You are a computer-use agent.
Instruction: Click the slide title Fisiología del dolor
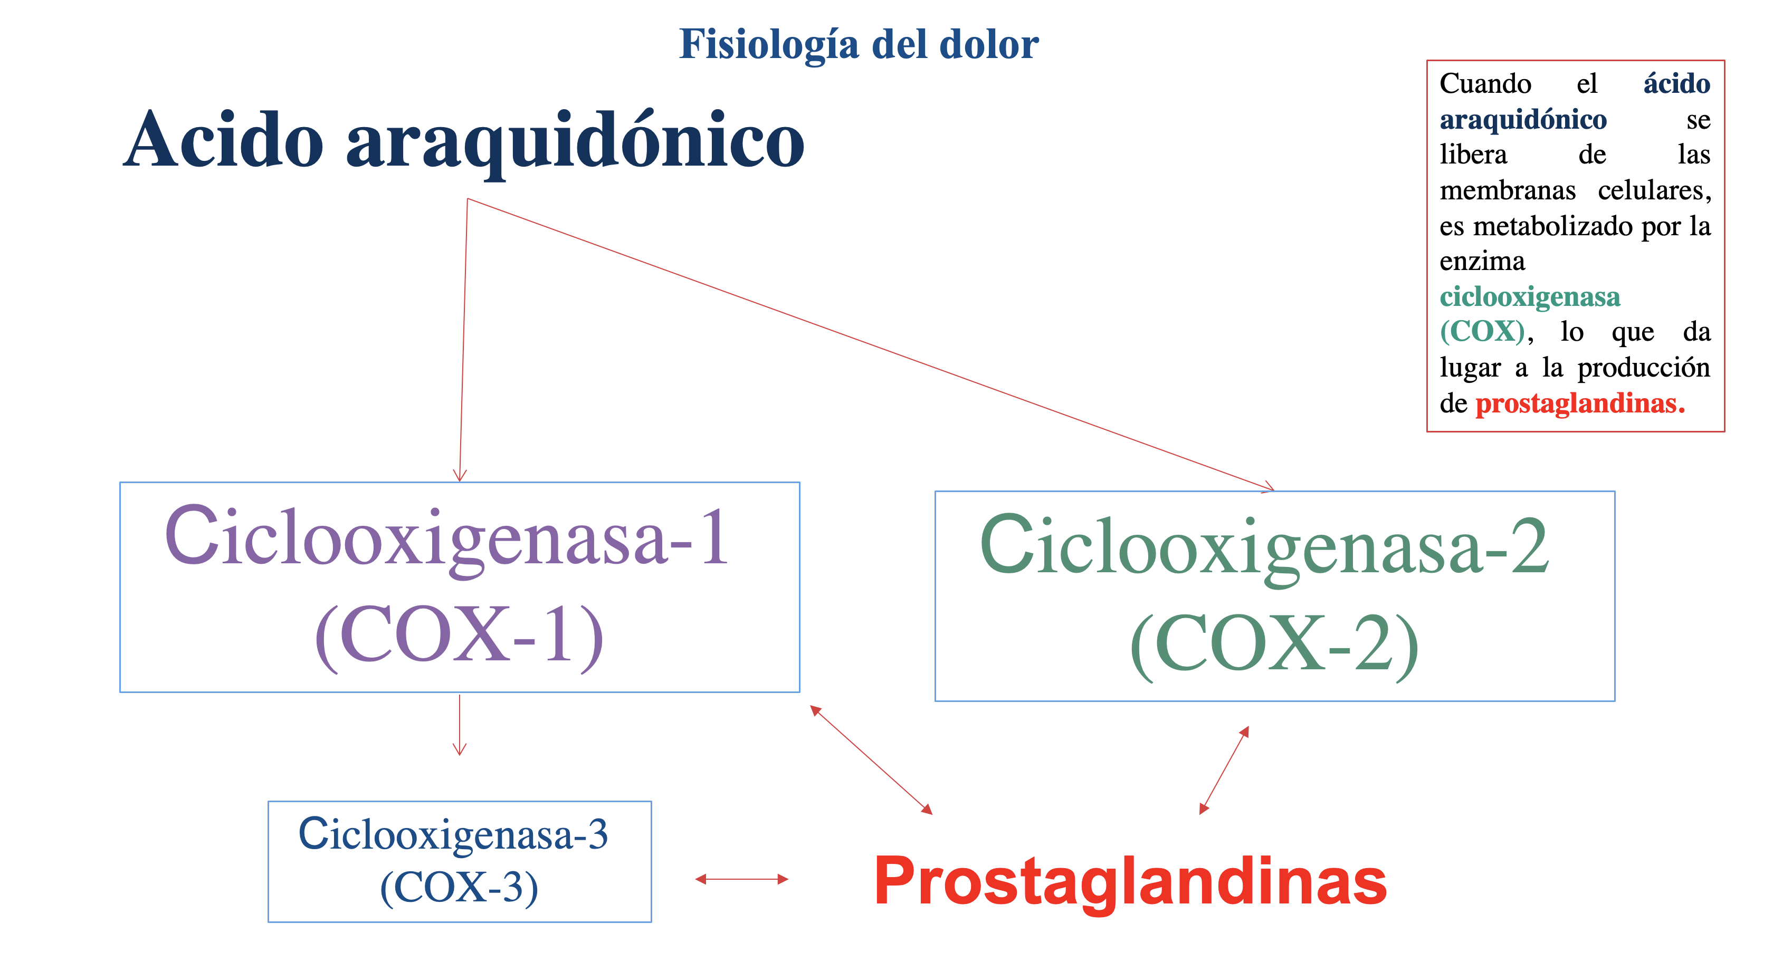[x=859, y=45]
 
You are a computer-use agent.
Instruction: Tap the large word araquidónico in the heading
[x=575, y=141]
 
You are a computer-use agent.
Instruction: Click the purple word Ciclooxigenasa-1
[x=446, y=537]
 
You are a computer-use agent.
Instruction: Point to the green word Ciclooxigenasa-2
[x=1264, y=546]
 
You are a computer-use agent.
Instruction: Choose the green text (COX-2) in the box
[x=1274, y=644]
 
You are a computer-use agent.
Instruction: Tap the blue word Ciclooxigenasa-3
[x=453, y=835]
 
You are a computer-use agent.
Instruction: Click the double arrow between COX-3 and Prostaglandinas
[x=741, y=879]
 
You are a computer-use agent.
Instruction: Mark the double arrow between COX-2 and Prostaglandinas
[x=1224, y=770]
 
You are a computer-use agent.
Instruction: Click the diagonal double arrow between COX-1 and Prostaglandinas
[x=871, y=759]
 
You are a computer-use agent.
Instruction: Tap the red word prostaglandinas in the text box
[x=1579, y=403]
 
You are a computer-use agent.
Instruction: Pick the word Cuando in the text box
[x=1485, y=84]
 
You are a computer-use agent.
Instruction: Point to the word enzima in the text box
[x=1482, y=262]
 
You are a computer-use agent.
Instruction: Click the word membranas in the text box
[x=1508, y=190]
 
